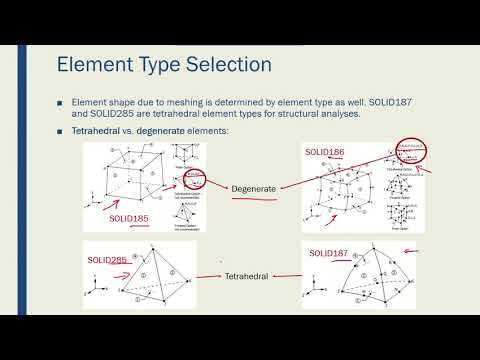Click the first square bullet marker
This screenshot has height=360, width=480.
click(61, 103)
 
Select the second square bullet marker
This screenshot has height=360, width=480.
click(61, 131)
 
